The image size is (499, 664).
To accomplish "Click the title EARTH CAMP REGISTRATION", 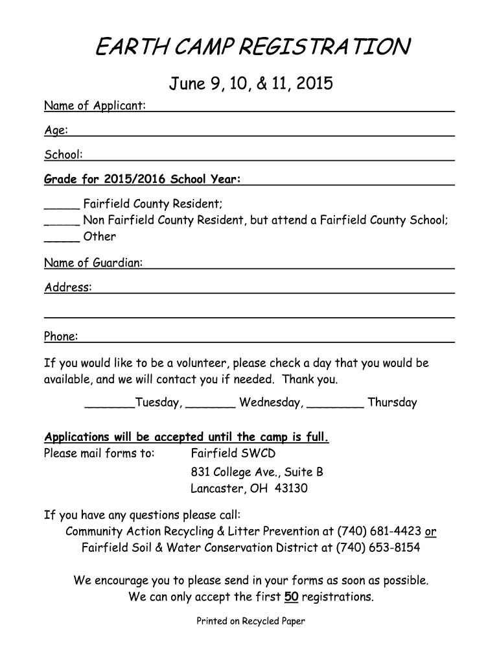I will (x=253, y=47).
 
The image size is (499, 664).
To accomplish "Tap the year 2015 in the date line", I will (x=316, y=84).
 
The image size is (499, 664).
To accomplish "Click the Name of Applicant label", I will (x=95, y=106).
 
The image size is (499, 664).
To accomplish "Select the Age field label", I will (x=56, y=130).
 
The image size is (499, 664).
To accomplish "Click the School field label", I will (x=63, y=155).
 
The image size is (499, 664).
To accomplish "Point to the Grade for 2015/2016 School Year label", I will (x=142, y=179).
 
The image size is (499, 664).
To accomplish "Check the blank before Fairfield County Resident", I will (x=62, y=205).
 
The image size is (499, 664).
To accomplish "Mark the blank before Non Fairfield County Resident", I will (x=62, y=220).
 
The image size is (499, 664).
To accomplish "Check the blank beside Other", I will (x=62, y=237).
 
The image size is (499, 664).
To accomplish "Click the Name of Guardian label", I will (x=93, y=263).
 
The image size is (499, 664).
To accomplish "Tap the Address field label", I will (x=68, y=287).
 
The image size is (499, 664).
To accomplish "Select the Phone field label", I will (x=61, y=337).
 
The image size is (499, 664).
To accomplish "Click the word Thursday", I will (x=392, y=403).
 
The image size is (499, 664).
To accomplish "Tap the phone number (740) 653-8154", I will (x=378, y=548).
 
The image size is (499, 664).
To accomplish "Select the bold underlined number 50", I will (x=291, y=597).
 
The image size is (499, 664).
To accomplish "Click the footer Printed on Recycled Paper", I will (x=251, y=621).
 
